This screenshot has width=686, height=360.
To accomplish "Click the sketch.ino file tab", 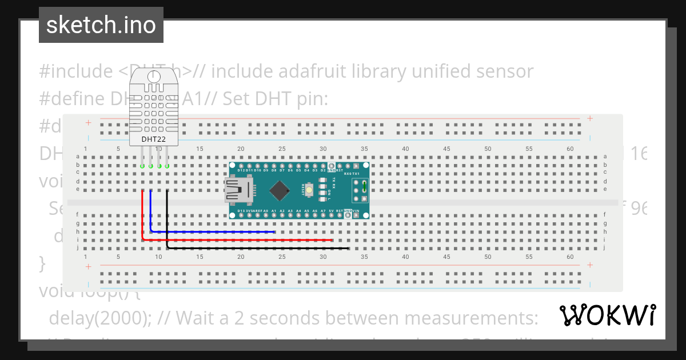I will click(101, 25).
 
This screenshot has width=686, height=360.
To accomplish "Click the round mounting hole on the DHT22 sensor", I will click(153, 75).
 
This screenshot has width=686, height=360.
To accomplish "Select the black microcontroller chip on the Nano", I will click(280, 191).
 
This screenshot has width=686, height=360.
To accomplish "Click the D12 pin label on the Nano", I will click(241, 170).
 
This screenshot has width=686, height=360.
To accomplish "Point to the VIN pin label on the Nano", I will click(356, 211).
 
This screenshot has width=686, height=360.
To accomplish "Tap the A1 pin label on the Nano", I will click(274, 211).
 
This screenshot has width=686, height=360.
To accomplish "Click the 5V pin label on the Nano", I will click(331, 211).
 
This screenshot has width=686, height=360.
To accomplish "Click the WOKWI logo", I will click(607, 315).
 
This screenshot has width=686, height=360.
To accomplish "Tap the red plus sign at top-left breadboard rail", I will click(88, 122).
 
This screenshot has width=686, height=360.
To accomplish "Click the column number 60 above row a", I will click(570, 149).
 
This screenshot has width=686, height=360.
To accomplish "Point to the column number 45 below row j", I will click(446, 257).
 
